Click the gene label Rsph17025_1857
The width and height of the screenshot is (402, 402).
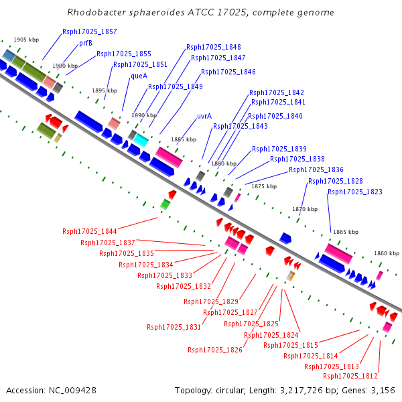pyautogui.click(x=89, y=31)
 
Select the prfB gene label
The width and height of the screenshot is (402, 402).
pyautogui.click(x=85, y=43)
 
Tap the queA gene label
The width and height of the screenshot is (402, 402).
pyautogui.click(x=139, y=76)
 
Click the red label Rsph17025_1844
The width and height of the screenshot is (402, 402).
pyautogui.click(x=90, y=231)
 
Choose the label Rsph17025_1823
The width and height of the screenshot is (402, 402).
pyautogui.click(x=354, y=192)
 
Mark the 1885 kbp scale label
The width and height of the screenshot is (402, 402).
pyautogui.click(x=184, y=139)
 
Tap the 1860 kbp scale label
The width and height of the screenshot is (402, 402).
pyautogui.click(x=387, y=253)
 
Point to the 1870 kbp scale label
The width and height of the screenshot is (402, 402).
pyautogui.click(x=304, y=210)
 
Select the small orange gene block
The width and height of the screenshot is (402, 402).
pyautogui.click(x=291, y=276)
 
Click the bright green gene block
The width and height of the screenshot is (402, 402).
pyautogui.click(x=165, y=204)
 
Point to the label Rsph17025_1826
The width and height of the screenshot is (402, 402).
pyautogui.click(x=214, y=350)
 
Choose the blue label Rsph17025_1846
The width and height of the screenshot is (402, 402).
pyautogui.click(x=228, y=72)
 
